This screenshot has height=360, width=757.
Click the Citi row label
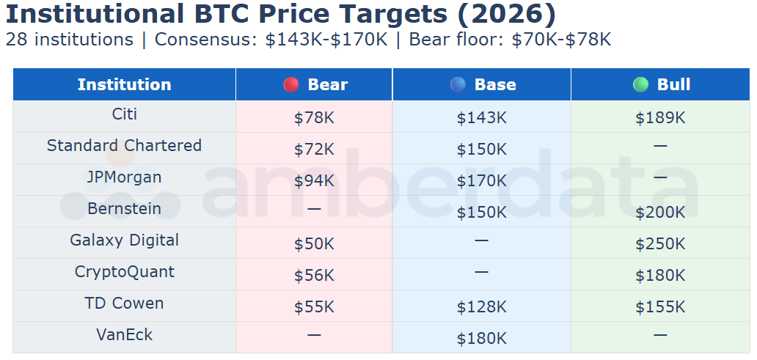click(x=124, y=114)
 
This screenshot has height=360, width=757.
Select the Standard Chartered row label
click(x=124, y=146)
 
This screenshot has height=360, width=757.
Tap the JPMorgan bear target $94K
click(x=314, y=180)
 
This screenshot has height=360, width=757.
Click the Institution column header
click(x=124, y=84)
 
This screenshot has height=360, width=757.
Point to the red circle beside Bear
click(x=291, y=85)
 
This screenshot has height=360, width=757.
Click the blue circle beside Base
click(x=458, y=85)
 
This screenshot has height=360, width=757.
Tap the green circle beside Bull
click(x=640, y=85)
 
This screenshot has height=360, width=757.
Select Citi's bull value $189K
click(x=660, y=117)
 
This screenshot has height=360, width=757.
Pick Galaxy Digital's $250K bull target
click(x=660, y=243)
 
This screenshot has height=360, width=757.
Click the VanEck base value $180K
click(x=481, y=338)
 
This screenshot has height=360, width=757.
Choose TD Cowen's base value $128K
click(x=481, y=306)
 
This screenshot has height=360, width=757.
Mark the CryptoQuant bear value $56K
click(x=314, y=275)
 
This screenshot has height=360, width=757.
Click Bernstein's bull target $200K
click(x=660, y=212)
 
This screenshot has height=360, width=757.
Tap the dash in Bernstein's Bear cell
click(x=314, y=209)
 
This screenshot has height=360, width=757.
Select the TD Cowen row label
click(x=124, y=304)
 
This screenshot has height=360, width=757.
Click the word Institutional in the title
click(x=95, y=14)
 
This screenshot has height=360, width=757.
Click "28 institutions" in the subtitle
click(x=70, y=40)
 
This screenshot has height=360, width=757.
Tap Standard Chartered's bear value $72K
click(x=314, y=149)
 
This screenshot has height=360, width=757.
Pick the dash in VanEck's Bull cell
click(x=660, y=335)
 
